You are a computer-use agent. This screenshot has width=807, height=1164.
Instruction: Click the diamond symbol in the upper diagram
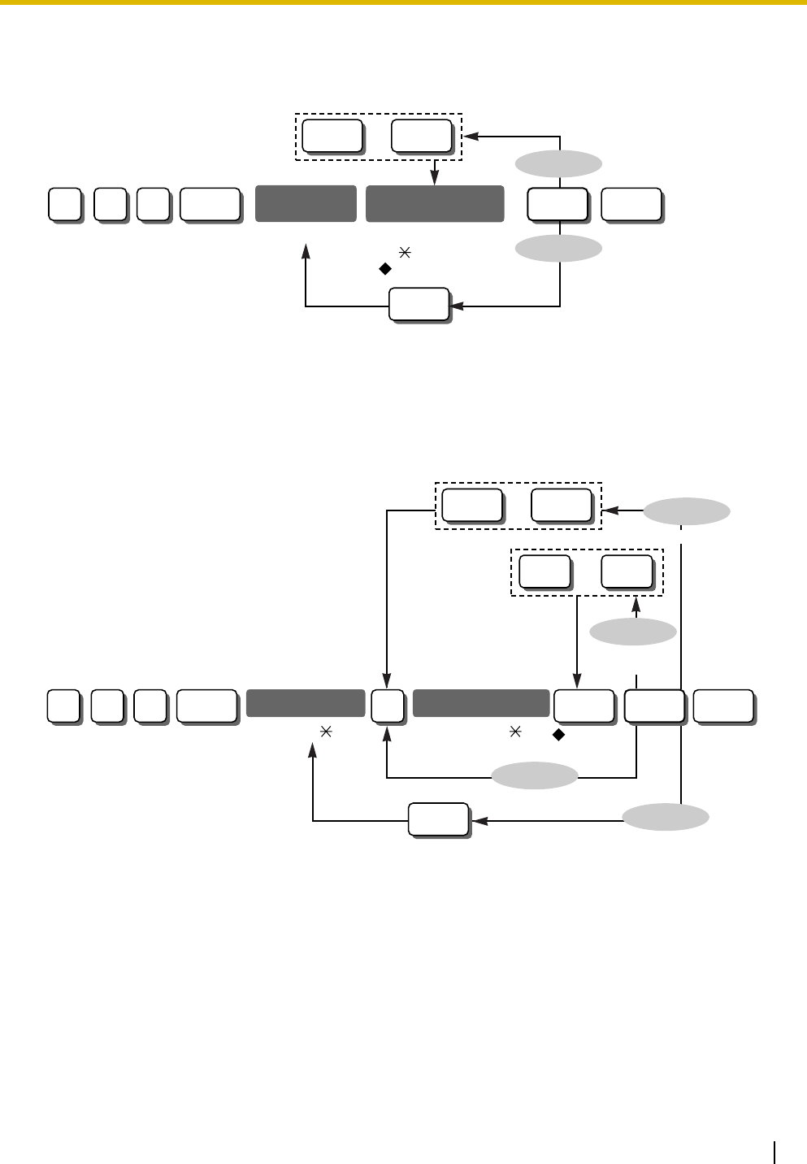tap(386, 266)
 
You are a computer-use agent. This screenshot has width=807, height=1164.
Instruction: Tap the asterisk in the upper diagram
tap(404, 254)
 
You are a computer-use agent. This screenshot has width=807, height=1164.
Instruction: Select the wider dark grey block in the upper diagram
tap(435, 203)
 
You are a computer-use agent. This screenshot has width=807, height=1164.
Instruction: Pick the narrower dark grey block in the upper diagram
tap(306, 203)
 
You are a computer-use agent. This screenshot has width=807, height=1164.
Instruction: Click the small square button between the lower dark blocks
tap(387, 706)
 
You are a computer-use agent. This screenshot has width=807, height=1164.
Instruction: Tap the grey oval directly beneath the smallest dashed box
tap(633, 632)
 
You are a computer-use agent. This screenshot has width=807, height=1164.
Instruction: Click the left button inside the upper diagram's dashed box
tap(332, 135)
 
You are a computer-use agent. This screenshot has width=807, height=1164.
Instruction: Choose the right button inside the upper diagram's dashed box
tap(421, 135)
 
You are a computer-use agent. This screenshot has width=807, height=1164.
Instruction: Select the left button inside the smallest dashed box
tap(544, 571)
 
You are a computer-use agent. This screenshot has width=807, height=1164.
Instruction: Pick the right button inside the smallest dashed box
tap(627, 571)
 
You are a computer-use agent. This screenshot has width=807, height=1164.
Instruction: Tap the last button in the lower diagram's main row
tap(723, 706)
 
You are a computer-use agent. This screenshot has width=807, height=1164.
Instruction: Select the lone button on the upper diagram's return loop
tap(419, 304)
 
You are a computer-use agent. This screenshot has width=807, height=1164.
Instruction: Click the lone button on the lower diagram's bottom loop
tap(438, 819)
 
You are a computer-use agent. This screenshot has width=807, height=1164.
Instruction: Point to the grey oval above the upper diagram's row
tap(558, 163)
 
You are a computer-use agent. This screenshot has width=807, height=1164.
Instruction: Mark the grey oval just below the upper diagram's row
tap(558, 248)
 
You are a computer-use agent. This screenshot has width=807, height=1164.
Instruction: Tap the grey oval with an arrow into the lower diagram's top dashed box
tap(687, 511)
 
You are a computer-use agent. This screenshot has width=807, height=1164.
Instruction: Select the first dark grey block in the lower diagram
tap(305, 703)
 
